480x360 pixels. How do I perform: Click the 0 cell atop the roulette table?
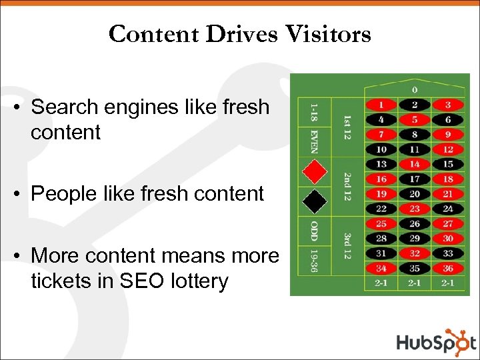[414, 89]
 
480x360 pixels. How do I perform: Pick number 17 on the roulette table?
[415, 179]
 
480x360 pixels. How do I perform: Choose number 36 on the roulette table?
[447, 268]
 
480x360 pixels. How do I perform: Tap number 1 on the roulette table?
[381, 105]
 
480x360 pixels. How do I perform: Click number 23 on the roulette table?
[415, 208]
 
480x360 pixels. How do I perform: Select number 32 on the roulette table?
[415, 253]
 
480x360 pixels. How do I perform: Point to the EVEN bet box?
[314, 141]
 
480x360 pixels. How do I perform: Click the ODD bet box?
[314, 231]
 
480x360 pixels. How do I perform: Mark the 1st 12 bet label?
[347, 127]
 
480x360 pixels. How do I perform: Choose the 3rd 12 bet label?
[347, 246]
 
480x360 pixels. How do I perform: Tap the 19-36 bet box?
[314, 261]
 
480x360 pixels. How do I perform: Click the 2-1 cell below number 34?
[381, 283]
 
